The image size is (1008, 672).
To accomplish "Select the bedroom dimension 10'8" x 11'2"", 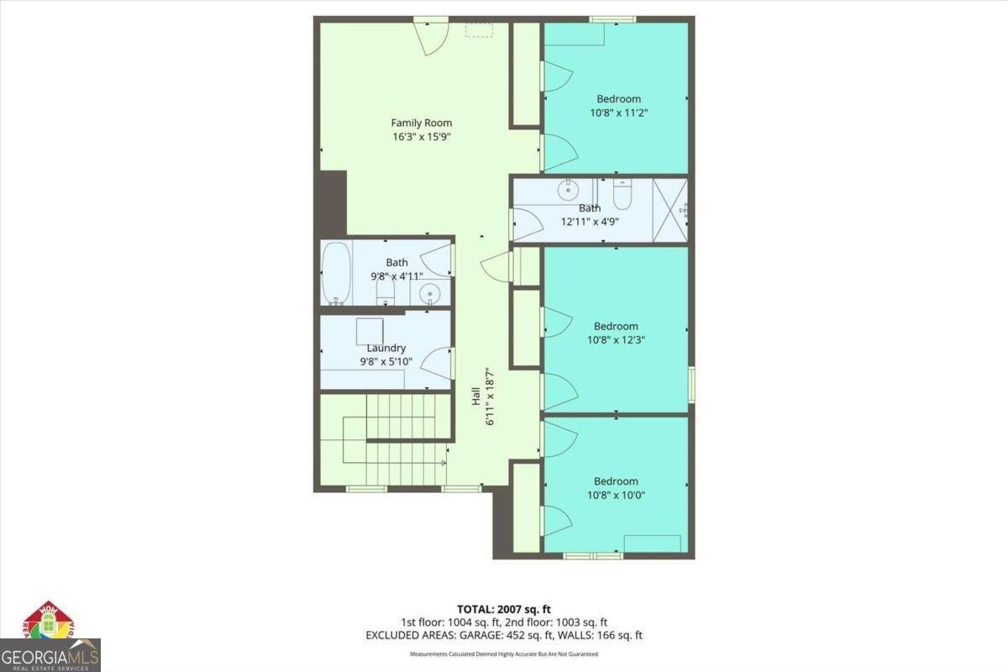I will [618, 112].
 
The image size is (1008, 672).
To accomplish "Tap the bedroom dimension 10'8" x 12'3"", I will [616, 340].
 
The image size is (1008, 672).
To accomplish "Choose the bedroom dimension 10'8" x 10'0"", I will [616, 495].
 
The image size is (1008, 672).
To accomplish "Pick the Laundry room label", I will [386, 348].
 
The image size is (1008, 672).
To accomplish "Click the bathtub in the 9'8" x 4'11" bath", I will [334, 274].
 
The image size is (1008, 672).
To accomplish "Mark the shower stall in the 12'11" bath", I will [669, 210].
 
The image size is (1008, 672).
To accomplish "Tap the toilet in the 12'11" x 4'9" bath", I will [622, 195].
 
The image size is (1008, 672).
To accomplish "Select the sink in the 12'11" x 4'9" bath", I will [567, 188].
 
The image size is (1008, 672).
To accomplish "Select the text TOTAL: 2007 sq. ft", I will [503, 609].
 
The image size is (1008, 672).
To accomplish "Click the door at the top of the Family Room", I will [434, 37].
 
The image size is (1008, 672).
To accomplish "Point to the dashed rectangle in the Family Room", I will [479, 30].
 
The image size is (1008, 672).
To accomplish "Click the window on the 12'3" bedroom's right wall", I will [691, 384].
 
